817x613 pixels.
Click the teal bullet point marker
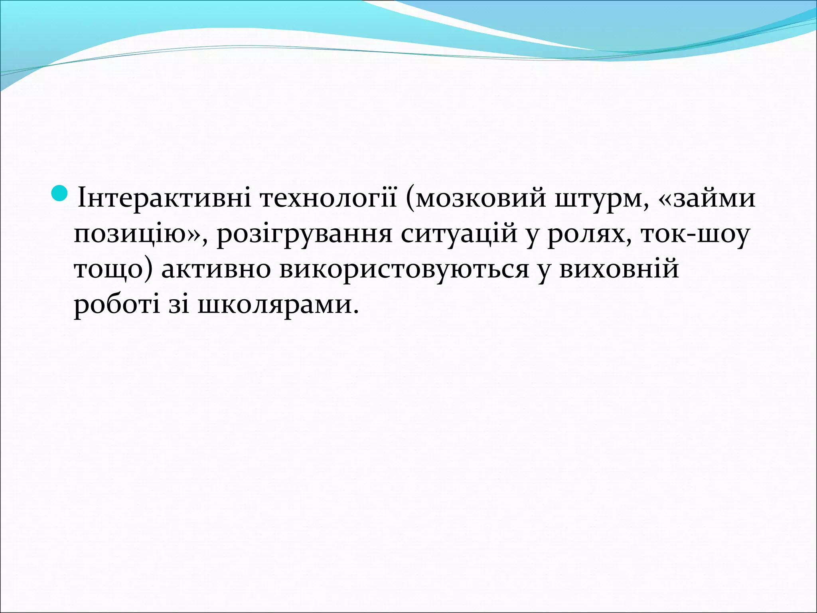tap(60, 193)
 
